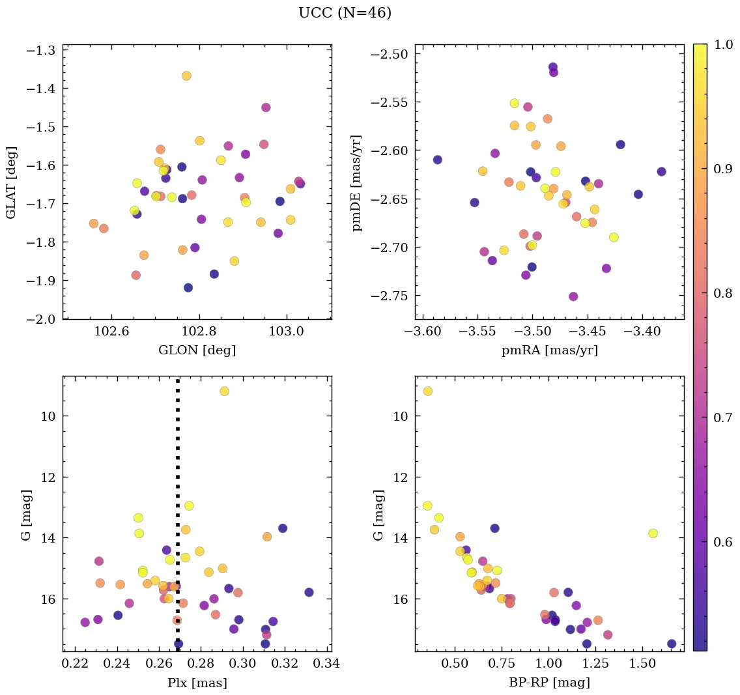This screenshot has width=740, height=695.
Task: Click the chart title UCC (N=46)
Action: (x=345, y=13)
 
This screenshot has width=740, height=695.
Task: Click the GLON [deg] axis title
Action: (x=197, y=350)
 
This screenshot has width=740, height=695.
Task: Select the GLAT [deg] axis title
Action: (x=11, y=182)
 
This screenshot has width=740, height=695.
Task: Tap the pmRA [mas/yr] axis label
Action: (x=549, y=350)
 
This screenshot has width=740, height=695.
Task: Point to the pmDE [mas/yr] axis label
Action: (x=356, y=183)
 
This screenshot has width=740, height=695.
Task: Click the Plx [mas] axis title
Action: (x=197, y=683)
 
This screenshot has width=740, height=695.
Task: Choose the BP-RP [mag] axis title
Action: (x=549, y=683)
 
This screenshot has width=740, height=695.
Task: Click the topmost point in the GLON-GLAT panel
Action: (x=186, y=76)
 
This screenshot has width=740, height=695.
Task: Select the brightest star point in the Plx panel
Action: (x=224, y=391)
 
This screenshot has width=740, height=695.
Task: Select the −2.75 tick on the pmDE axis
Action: (x=390, y=296)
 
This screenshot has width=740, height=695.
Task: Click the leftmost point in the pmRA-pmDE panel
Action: (x=437, y=160)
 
